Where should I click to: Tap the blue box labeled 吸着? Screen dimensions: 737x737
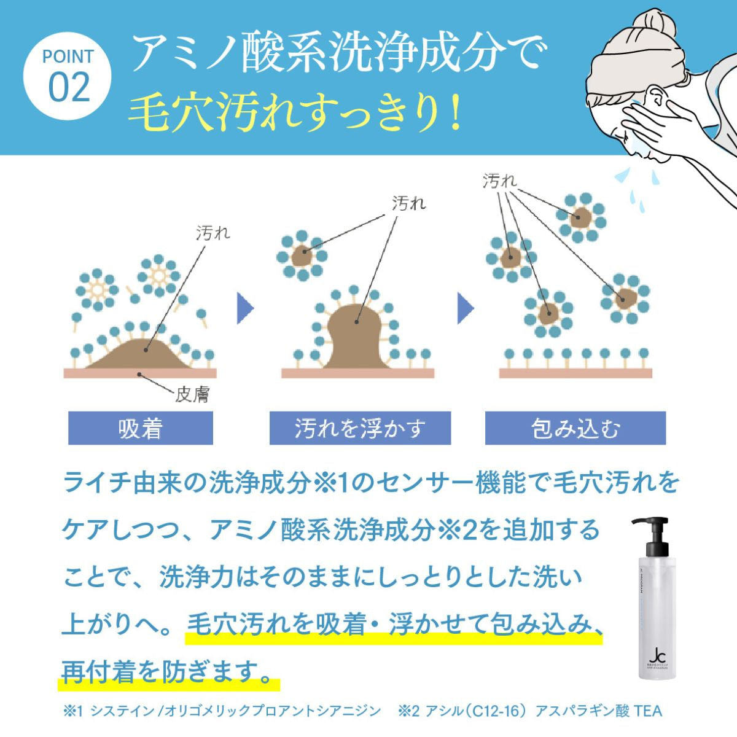(x=140, y=428)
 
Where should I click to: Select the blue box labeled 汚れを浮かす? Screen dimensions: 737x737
(x=360, y=428)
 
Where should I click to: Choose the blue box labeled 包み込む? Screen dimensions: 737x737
(x=575, y=428)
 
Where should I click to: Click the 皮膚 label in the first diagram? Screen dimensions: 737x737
(x=192, y=394)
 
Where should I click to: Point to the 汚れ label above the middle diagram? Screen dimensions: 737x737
(x=408, y=203)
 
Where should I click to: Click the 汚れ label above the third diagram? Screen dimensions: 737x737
(x=499, y=182)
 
